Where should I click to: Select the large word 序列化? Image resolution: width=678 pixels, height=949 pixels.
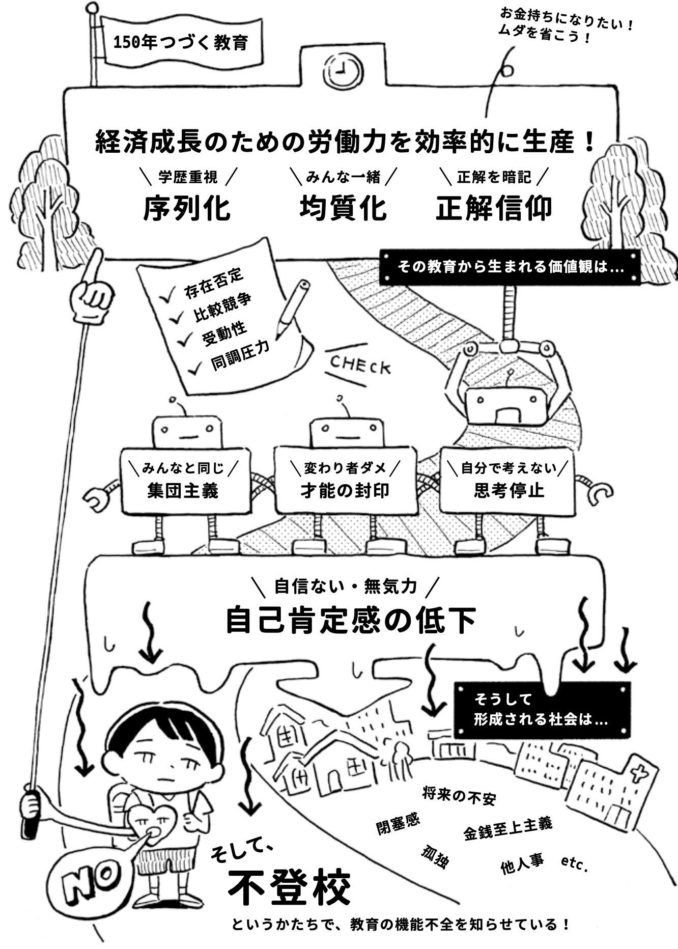click(x=186, y=208)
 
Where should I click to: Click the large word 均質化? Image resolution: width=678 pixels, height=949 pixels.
click(x=343, y=208)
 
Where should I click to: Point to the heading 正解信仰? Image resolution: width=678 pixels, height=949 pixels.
click(x=493, y=208)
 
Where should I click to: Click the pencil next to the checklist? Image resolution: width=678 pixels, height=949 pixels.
click(x=293, y=309)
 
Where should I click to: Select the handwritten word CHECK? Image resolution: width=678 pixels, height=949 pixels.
click(x=360, y=365)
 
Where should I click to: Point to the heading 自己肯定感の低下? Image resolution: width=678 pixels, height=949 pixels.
click(x=351, y=620)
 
